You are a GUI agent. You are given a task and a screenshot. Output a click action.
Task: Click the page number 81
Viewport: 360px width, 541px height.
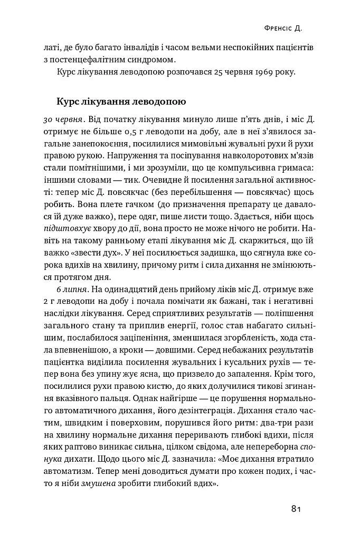(x=296, y=509)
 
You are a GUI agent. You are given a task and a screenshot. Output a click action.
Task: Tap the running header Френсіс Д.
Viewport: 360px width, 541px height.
(x=287, y=27)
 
